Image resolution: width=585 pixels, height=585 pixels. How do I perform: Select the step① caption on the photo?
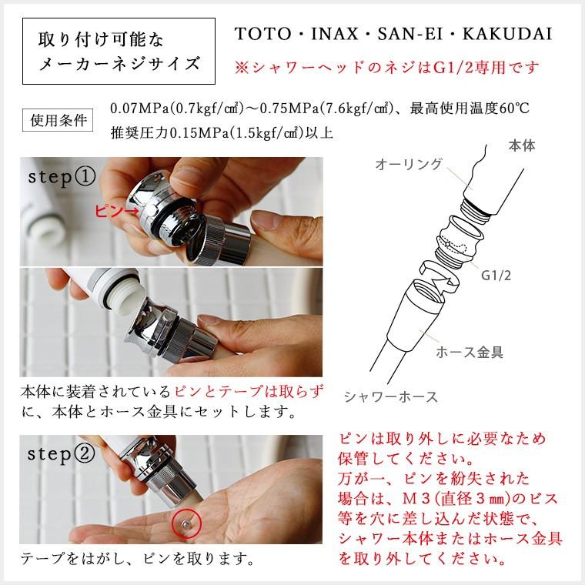(x=62, y=176)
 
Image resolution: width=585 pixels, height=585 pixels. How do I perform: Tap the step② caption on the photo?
(x=62, y=453)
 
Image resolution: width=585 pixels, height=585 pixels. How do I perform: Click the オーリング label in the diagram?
(x=409, y=164)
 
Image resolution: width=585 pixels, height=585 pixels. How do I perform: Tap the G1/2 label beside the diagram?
(x=496, y=275)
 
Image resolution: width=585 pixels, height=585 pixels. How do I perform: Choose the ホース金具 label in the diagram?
(x=470, y=353)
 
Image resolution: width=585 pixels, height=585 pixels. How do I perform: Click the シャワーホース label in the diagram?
(x=390, y=396)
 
